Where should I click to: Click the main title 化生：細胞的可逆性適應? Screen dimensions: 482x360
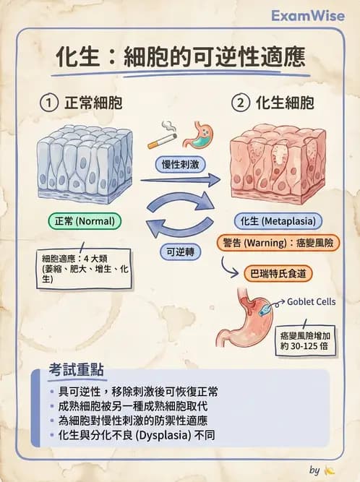(181, 58)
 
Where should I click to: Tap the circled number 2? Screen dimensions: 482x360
(240, 103)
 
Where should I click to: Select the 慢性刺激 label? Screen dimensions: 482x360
(180, 165)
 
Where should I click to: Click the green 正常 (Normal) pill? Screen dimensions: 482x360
(84, 220)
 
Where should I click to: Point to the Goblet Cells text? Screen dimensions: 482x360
(312, 301)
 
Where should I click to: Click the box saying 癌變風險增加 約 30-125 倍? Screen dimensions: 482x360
(307, 340)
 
